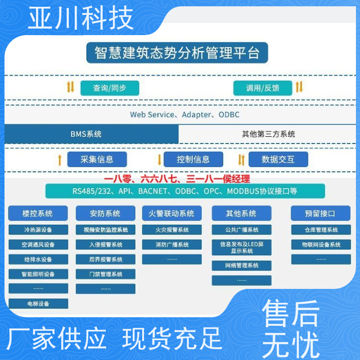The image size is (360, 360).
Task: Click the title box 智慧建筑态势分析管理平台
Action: coord(177,53)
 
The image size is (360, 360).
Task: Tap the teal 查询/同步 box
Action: coord(110,88)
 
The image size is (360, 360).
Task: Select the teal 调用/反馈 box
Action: coord(263,88)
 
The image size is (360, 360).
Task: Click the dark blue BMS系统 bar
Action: coord(92,134)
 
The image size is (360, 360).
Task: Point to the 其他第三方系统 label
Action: coord(268,134)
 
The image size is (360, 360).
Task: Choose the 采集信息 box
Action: coord(97,159)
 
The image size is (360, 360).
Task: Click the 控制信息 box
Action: coord(193,159)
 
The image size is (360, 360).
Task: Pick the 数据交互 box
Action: coord(278,159)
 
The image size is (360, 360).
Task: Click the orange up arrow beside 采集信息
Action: coord(60,160)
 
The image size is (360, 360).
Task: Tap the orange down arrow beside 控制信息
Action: coord(159,160)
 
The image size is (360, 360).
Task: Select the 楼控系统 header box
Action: coord(38,213)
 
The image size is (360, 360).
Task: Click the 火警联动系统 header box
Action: coord(172,213)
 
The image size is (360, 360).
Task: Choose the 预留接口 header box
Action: coord(320,213)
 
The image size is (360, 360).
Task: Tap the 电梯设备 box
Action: coord(38,303)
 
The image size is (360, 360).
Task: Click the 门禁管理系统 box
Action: coord(106,274)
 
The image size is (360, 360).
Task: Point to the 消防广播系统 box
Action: coord(172,244)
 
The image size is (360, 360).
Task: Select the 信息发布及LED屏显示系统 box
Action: coord(242,247)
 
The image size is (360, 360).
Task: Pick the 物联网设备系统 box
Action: coord(321,244)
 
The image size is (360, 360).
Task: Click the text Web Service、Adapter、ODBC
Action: coord(185,115)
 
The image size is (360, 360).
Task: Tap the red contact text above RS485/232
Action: coord(177,179)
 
